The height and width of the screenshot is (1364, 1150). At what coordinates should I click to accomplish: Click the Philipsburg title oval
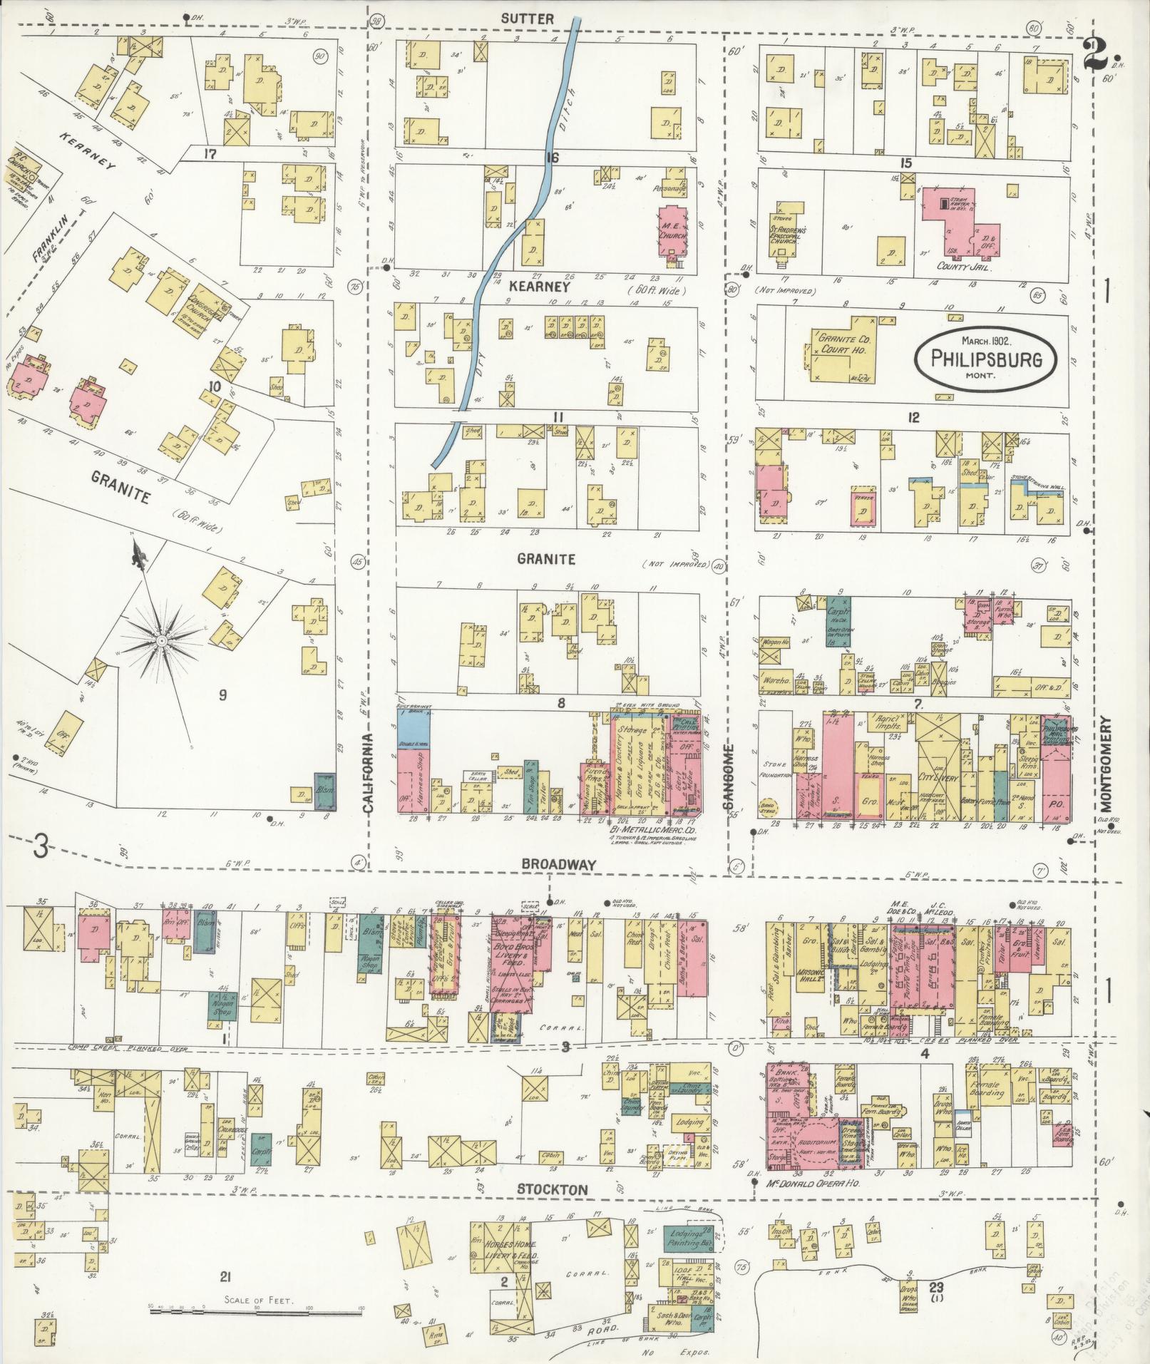pos(986,355)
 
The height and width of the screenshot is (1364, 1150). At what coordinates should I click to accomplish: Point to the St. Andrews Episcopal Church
pos(787,235)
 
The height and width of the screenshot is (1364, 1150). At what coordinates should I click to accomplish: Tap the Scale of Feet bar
pos(257,1307)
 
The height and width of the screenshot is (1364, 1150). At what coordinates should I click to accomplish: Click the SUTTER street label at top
pos(526,19)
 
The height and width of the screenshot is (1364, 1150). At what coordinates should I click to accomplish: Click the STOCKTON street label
pos(562,1189)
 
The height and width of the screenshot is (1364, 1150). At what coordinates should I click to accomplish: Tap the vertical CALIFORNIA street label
pos(369,774)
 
